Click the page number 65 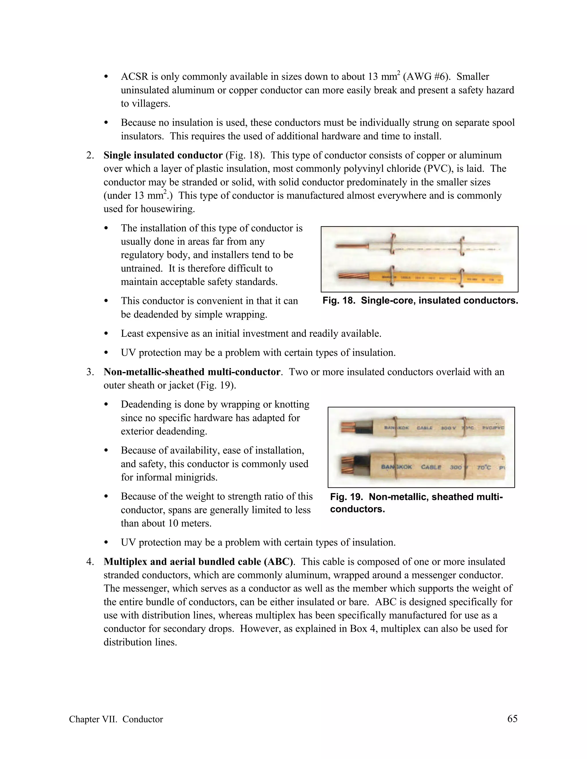(x=512, y=718)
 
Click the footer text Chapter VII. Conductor (x=116, y=719)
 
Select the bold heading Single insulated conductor (x=163, y=155)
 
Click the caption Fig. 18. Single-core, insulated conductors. (x=420, y=301)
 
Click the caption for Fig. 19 (x=416, y=503)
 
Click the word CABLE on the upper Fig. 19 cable (x=424, y=428)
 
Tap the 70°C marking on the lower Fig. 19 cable (x=484, y=467)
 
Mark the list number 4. (x=90, y=562)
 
